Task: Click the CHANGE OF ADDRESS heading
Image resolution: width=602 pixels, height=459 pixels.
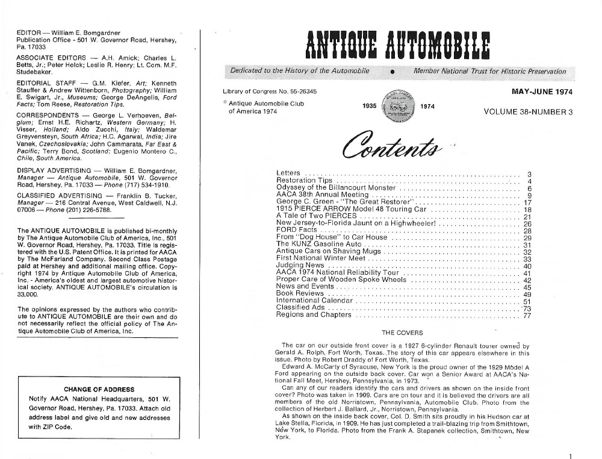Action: point(99,389)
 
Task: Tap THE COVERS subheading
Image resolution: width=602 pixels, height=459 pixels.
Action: point(402,333)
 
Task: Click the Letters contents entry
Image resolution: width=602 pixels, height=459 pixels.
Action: point(288,173)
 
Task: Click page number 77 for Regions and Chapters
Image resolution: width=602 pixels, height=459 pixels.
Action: point(527,314)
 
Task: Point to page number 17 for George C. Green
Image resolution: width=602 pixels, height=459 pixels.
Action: point(527,202)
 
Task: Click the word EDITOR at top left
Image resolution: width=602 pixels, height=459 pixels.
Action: point(29,32)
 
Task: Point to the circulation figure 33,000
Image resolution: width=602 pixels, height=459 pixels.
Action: point(28,295)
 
